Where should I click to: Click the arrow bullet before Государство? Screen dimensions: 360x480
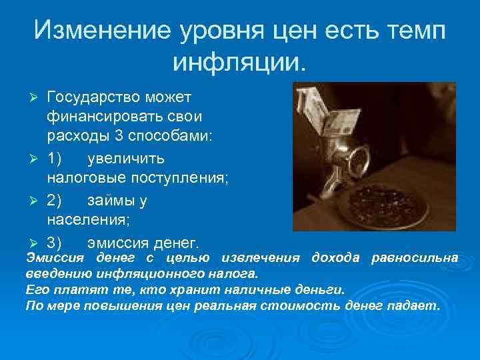pos(37,98)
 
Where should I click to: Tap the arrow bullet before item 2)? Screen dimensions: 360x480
pos(37,201)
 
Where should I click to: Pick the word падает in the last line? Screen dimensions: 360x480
pos(417,306)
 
